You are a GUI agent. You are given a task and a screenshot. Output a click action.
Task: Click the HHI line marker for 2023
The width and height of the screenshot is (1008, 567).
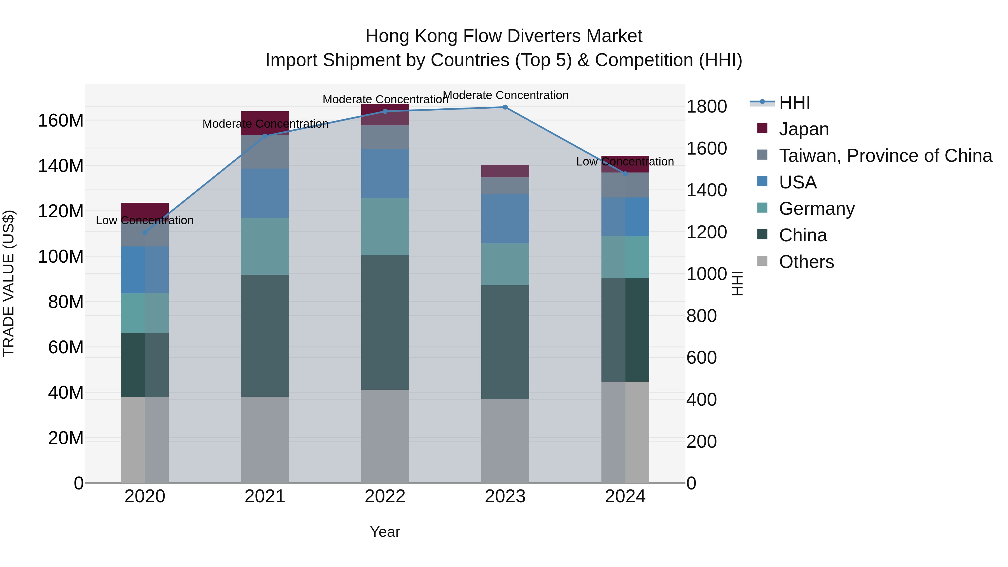coord(505,107)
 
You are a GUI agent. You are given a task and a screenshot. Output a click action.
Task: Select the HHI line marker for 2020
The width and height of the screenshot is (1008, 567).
coord(145,232)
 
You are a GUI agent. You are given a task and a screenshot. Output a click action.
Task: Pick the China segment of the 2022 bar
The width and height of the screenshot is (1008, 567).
coord(385,323)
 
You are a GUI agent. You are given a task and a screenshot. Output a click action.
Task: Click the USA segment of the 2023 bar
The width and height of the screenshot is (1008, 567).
coord(505,218)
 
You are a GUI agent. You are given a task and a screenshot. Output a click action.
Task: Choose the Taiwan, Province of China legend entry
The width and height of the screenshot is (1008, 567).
coord(885,156)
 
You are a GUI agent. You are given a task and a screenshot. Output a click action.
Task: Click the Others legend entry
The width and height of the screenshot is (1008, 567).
coord(806,262)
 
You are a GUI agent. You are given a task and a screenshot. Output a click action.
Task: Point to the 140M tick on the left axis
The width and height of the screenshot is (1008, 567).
coord(61,166)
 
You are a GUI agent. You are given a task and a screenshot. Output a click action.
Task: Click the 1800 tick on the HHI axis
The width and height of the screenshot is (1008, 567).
coord(707,106)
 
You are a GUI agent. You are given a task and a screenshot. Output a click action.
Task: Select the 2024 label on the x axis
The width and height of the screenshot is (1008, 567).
coord(625,496)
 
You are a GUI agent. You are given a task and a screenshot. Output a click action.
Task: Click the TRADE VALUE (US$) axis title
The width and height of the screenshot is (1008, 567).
coord(9,283)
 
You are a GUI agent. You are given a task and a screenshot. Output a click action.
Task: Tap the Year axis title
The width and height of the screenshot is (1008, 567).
coord(385,532)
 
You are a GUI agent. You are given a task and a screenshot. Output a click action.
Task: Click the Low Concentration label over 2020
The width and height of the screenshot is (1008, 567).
coord(145,220)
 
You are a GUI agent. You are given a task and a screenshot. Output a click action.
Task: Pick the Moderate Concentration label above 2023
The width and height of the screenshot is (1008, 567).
coord(505,95)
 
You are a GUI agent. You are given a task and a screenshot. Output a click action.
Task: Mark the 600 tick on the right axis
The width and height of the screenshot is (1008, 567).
coord(702,358)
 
